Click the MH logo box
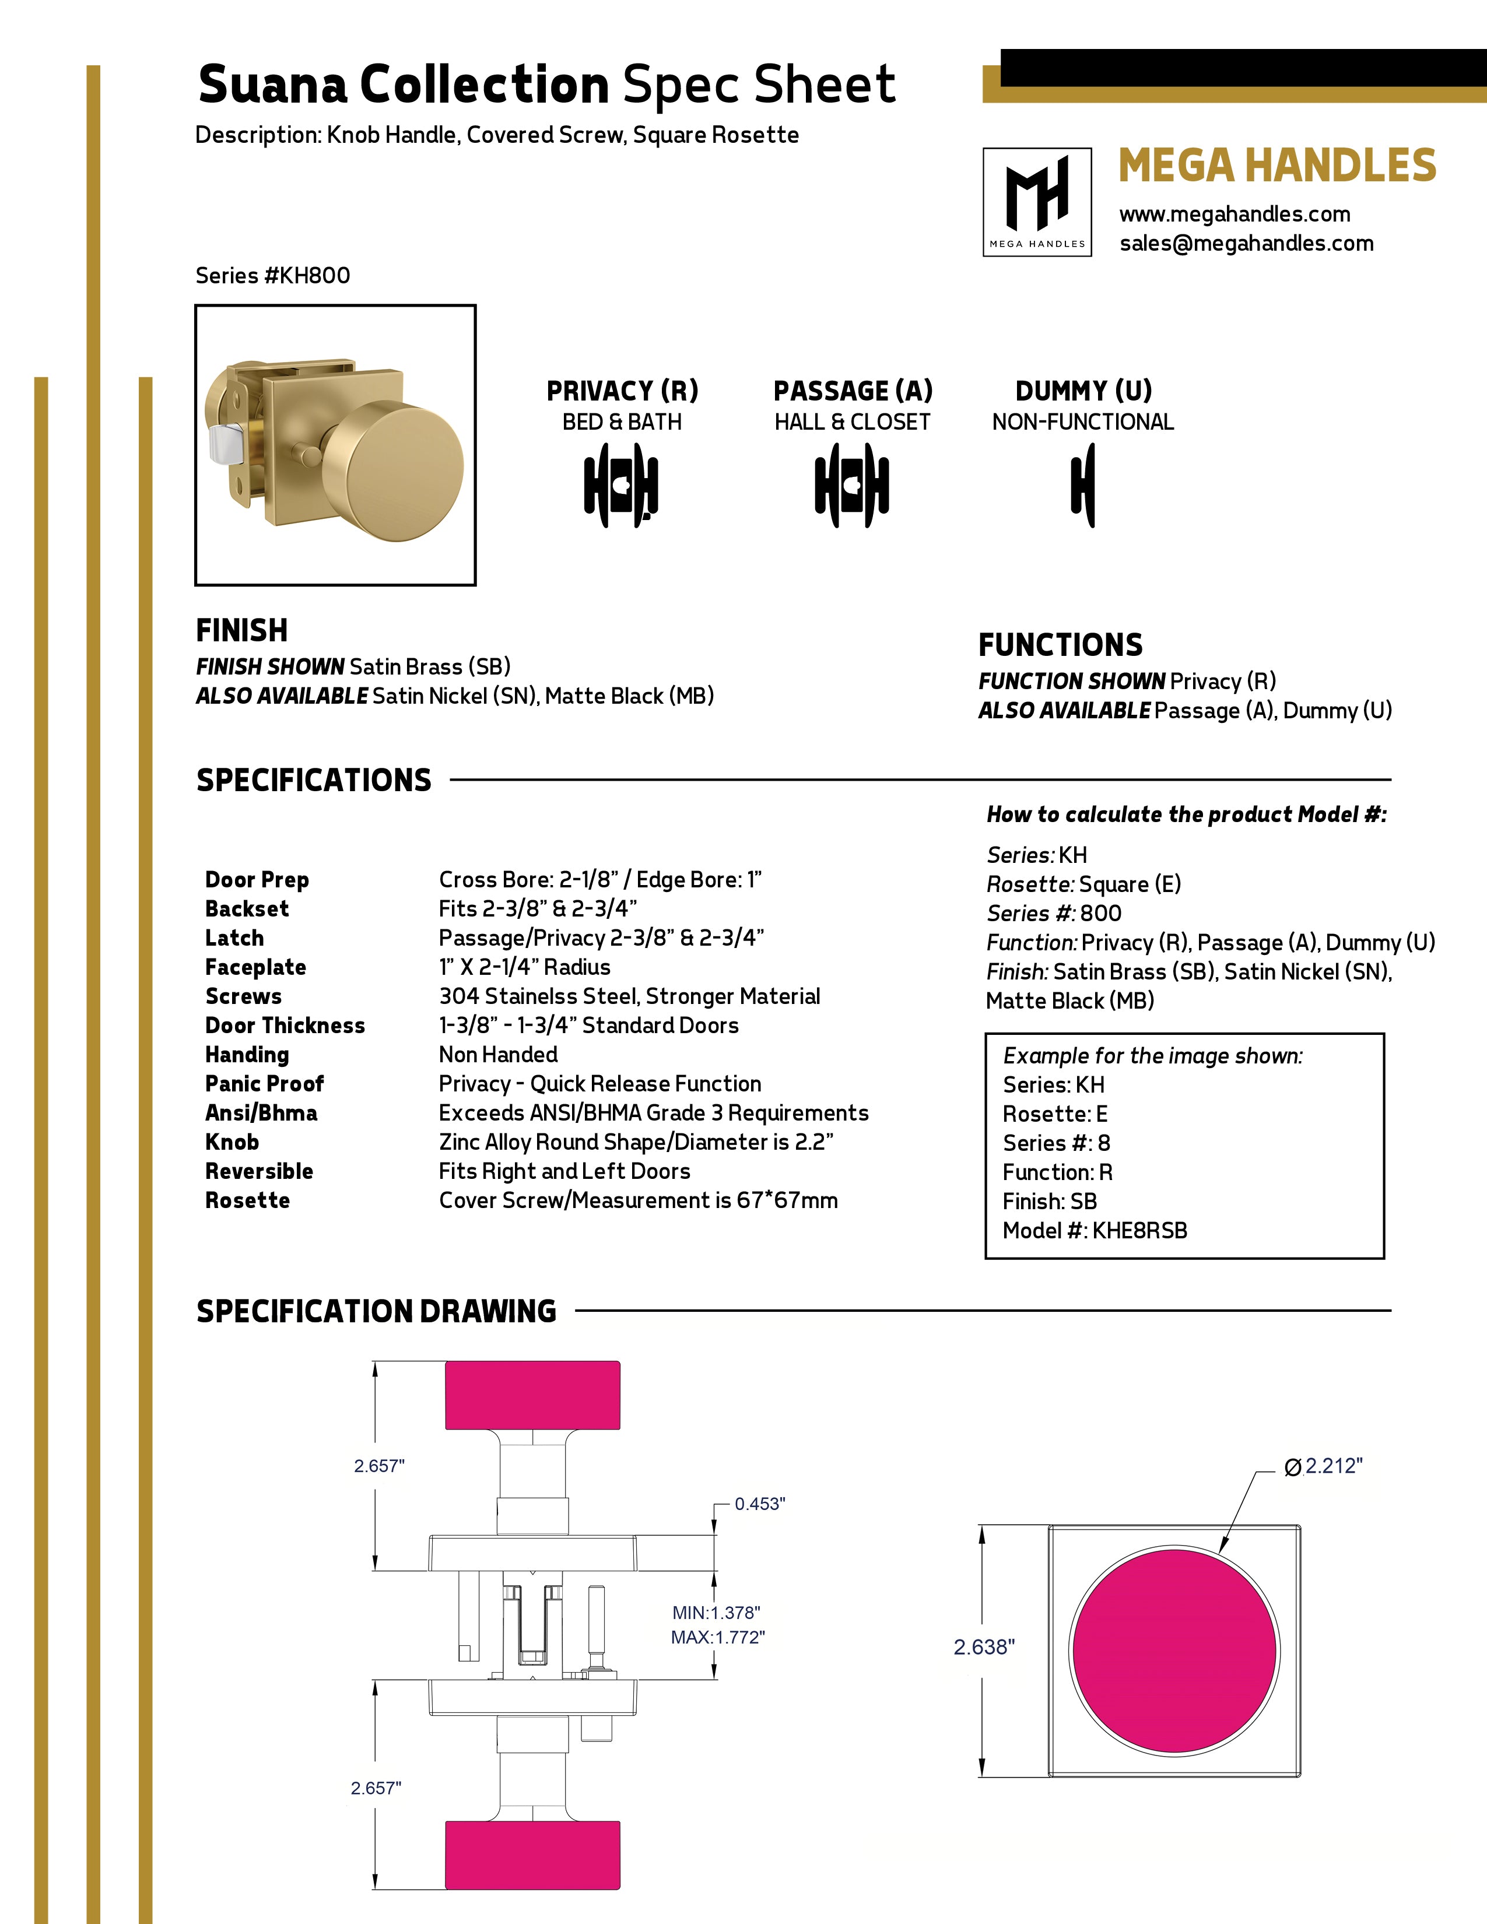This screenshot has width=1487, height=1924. click(x=1037, y=202)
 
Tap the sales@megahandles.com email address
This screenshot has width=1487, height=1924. click(x=1246, y=243)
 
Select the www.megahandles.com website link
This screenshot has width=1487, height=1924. click(x=1234, y=214)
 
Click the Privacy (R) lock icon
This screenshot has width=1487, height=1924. click(x=621, y=486)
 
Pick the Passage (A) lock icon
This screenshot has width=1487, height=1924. click(x=851, y=486)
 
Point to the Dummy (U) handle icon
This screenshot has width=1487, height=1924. click(x=1083, y=486)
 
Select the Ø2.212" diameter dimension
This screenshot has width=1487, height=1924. click(x=1324, y=1466)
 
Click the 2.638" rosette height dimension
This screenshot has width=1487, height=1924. click(x=984, y=1646)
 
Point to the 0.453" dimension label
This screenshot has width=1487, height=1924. click(x=759, y=1504)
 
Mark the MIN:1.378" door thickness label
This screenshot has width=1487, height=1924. click(x=716, y=1612)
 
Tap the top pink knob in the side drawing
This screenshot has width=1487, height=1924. click(x=532, y=1395)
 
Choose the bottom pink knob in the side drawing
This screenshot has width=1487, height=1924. click(x=532, y=1855)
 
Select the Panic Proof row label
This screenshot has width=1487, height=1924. click(x=264, y=1084)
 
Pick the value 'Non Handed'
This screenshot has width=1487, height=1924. click(x=498, y=1055)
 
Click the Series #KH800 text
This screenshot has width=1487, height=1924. click(x=272, y=276)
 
